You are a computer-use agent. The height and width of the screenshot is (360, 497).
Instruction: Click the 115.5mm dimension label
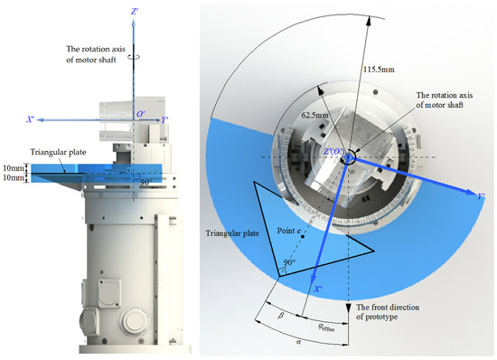[x=379, y=69]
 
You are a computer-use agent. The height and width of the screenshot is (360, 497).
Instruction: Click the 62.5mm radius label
[x=314, y=115]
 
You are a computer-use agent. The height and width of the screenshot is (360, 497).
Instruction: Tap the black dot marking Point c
[x=303, y=236]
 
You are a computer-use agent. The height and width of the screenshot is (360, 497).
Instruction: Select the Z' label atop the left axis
[x=135, y=12]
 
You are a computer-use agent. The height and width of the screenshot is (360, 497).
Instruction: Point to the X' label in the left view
[x=31, y=119]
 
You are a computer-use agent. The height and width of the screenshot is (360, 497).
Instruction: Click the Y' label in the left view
[x=164, y=120]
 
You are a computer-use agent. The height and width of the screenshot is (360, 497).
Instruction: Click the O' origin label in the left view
[x=140, y=114]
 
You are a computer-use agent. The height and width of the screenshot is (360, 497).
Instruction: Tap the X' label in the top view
[x=318, y=289]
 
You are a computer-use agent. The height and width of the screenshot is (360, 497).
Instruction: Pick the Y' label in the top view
[x=482, y=196]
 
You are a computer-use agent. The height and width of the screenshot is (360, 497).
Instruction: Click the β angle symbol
[x=280, y=316]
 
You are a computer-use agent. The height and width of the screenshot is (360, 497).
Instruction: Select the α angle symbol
[x=298, y=342]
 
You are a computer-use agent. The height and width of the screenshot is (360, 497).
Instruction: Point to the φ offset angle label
[x=326, y=327]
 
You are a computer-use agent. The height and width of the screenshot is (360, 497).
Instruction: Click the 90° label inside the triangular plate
[x=289, y=262]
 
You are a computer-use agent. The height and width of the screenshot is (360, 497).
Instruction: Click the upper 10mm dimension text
[x=14, y=167]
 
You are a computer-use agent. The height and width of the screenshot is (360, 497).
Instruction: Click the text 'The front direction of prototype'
[x=388, y=312]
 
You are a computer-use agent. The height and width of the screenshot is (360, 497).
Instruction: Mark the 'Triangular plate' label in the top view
[x=232, y=233]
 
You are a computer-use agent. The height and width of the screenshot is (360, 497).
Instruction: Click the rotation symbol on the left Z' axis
[x=134, y=57]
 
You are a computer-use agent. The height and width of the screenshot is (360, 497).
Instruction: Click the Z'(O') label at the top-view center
[x=333, y=152]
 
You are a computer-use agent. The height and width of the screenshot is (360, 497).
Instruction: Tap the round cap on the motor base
[x=133, y=321]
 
